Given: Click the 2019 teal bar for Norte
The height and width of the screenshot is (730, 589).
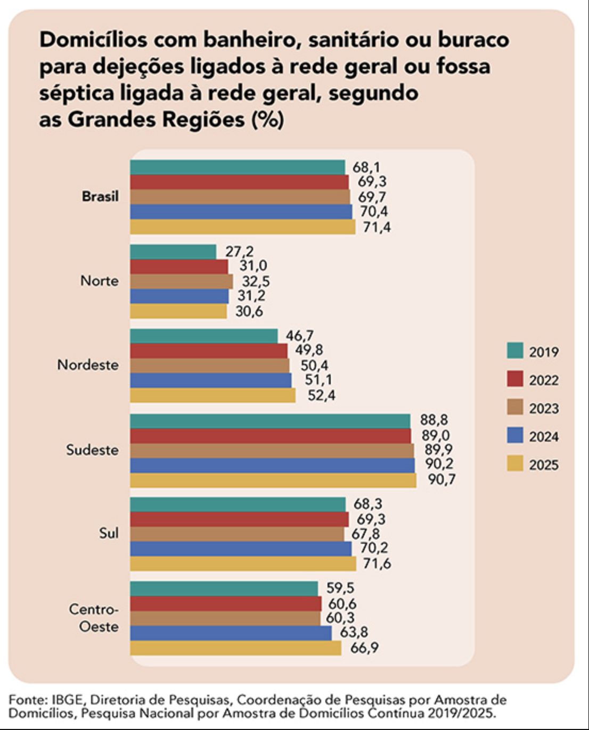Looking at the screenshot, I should (x=173, y=252).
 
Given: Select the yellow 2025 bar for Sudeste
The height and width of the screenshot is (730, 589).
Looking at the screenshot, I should (x=273, y=480).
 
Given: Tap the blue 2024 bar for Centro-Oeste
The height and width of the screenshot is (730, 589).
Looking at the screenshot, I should (x=231, y=633).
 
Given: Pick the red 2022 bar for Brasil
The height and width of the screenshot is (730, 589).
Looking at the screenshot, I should (x=239, y=182).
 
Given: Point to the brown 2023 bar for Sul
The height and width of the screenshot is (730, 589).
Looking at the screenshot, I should (x=237, y=534).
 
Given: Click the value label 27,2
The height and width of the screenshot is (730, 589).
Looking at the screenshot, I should (x=240, y=251).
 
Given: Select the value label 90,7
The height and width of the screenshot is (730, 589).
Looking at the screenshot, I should (x=441, y=480).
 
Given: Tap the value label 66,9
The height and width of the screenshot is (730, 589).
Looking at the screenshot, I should (x=364, y=648).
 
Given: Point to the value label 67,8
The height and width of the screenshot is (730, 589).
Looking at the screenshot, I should (x=365, y=534).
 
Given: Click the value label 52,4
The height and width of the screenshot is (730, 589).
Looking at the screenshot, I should (x=321, y=395).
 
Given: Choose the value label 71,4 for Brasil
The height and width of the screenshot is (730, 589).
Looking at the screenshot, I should (x=377, y=227).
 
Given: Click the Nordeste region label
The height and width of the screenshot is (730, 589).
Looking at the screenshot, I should (x=88, y=365).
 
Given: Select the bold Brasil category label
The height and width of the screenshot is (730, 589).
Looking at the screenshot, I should (x=100, y=196).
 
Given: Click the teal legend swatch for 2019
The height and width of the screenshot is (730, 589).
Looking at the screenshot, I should (x=515, y=351).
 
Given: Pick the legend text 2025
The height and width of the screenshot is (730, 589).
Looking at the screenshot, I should (x=543, y=464).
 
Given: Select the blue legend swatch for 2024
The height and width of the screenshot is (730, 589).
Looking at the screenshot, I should (x=515, y=436).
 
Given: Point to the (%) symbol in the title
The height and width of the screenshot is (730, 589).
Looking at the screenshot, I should (x=267, y=119).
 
